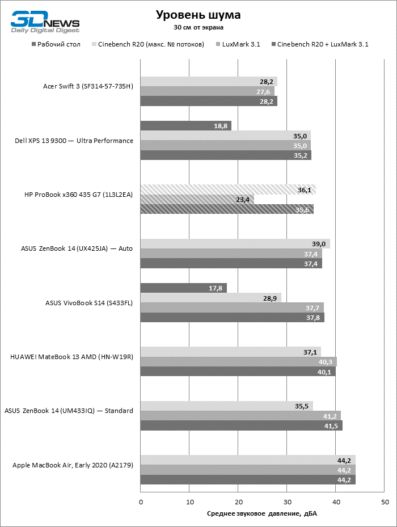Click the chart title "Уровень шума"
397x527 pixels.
[x=198, y=15]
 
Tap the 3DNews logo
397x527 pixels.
[x=45, y=22]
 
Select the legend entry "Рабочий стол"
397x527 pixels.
[x=56, y=44]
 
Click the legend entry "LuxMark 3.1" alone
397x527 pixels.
[x=238, y=44]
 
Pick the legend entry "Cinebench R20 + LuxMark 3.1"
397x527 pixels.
[x=320, y=44]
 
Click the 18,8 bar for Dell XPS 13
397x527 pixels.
[x=186, y=126]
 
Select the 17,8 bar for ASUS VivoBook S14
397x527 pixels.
[x=184, y=288]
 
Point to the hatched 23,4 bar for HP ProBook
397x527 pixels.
[x=197, y=200]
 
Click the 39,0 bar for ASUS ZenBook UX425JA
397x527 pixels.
[x=235, y=244]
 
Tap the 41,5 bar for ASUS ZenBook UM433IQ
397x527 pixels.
[x=242, y=426]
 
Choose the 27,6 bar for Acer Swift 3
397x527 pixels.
[x=208, y=91]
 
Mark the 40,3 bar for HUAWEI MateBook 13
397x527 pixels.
[x=239, y=362]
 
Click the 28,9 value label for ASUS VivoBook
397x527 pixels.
[x=270, y=298]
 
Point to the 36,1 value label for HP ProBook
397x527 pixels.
[x=305, y=190]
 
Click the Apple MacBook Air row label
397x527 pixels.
[x=73, y=465]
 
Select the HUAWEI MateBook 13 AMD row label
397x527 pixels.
[x=71, y=357]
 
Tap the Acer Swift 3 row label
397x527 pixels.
[x=88, y=86]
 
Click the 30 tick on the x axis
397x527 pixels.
[x=287, y=502]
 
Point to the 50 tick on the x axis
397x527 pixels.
[x=385, y=502]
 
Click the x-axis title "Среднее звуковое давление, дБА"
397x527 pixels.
[x=262, y=513]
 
